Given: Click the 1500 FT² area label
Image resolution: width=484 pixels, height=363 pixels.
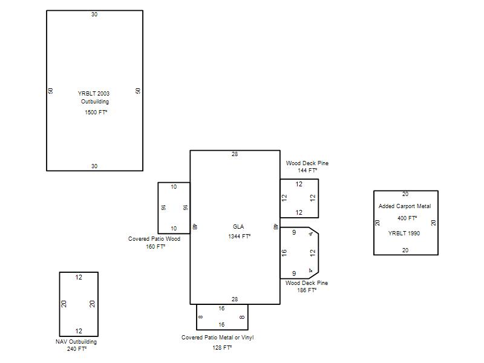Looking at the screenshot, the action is coord(96,113).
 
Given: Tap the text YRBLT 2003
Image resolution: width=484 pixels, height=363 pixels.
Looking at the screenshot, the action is coord(94,94).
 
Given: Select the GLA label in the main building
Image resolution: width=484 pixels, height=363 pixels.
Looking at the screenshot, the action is coord(238,226).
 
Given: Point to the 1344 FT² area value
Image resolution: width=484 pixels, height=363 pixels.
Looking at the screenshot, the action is coord(239,237).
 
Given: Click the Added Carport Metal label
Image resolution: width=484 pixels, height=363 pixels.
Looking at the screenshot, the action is coord(405,206).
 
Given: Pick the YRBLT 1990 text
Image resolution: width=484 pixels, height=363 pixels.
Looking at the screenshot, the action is coord(404,234).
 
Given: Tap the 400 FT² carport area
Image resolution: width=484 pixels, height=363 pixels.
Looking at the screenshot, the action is coord(407,218).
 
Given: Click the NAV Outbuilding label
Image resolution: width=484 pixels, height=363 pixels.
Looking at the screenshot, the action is coord(76,342).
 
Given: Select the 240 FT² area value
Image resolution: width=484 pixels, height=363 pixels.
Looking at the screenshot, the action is coord(77,349).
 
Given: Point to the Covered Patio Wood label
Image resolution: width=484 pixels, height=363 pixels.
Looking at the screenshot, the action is coord(154,239).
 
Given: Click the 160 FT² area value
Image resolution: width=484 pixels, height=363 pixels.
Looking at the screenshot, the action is coord(155,247).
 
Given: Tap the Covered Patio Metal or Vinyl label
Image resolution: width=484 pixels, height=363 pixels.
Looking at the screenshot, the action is coord(218,338).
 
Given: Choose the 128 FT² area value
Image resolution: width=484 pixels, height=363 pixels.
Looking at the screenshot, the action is coord(222,347).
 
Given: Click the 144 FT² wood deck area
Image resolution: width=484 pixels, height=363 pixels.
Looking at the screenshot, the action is coord(307,171).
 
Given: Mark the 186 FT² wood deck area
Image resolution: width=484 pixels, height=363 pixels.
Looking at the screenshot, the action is coord(307,290).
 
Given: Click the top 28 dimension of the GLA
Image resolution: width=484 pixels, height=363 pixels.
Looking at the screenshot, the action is coord(235,154).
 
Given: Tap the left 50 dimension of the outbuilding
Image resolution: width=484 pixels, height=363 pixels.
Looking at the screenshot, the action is coord(51,91).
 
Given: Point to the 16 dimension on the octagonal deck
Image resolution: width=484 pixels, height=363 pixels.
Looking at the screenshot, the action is coord(284,253).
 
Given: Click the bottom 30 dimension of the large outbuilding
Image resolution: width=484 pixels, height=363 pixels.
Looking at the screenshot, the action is coord(94,166).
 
